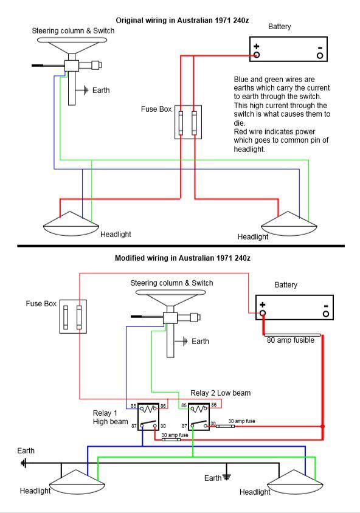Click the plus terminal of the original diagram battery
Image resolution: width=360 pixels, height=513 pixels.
pyautogui.click(x=257, y=55)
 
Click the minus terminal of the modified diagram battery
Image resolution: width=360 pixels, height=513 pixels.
pyautogui.click(x=326, y=314)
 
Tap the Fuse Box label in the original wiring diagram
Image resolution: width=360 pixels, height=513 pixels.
pyautogui.click(x=156, y=109)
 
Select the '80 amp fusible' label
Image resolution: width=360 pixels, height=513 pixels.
pyautogui.click(x=290, y=340)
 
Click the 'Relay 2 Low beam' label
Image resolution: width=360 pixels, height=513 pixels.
pyautogui.click(x=221, y=393)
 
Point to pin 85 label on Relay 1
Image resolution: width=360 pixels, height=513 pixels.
pyautogui.click(x=134, y=406)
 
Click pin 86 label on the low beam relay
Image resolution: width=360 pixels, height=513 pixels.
pyautogui.click(x=213, y=405)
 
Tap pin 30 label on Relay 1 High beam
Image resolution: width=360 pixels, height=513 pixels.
pyautogui.click(x=163, y=426)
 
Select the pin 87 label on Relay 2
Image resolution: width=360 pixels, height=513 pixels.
pyautogui.click(x=184, y=426)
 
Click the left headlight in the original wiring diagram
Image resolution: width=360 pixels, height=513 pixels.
pyautogui.click(x=71, y=224)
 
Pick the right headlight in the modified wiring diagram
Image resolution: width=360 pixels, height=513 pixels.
pyautogui.click(x=295, y=483)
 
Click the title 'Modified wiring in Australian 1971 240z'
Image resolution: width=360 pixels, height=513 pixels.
pyautogui.click(x=182, y=258)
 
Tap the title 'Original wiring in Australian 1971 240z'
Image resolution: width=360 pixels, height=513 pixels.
pyautogui.click(x=182, y=21)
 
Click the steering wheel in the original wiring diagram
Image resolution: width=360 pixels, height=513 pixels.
pyautogui.click(x=72, y=41)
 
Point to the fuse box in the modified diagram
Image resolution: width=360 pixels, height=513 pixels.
pyautogui.click(x=73, y=317)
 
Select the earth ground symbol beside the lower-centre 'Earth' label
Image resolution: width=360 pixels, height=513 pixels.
pyautogui.click(x=226, y=477)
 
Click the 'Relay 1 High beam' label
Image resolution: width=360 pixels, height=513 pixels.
pyautogui.click(x=110, y=418)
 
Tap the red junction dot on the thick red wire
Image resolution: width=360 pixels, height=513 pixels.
pyautogui.click(x=322, y=426)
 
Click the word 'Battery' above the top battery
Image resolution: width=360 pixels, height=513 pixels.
pyautogui.click(x=280, y=27)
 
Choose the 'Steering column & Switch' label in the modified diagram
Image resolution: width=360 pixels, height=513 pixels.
pyautogui.click(x=171, y=283)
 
